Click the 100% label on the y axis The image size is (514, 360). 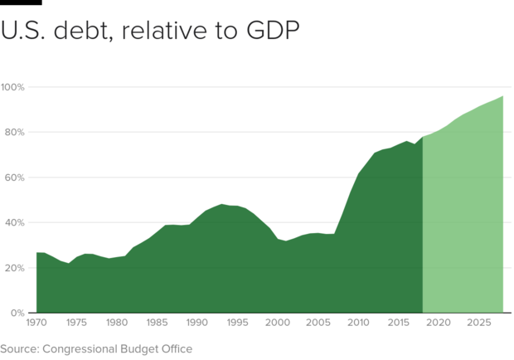[x=13, y=87]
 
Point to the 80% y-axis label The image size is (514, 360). [x=15, y=133]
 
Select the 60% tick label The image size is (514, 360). [x=15, y=178]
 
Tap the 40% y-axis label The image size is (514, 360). [x=15, y=223]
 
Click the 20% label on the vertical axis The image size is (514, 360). [x=15, y=268]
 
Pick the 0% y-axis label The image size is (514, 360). [x=17, y=314]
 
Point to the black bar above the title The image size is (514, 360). [x=21, y=2]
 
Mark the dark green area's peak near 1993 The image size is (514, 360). [x=221, y=204]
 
